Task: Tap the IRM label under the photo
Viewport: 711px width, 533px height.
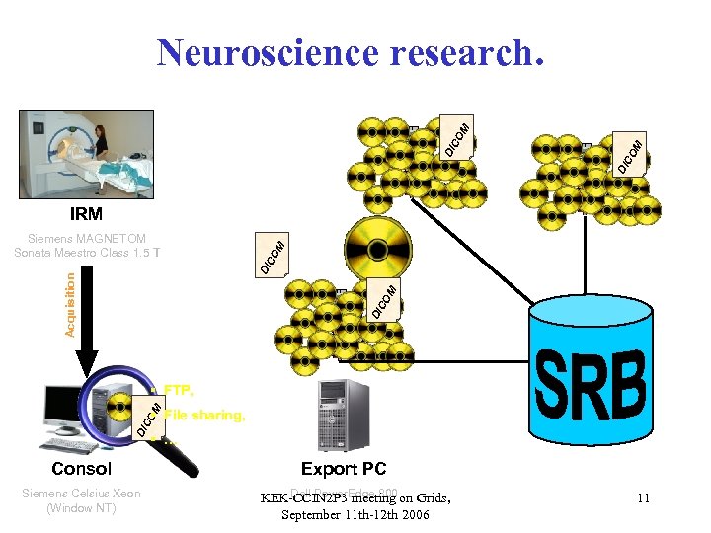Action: click(x=86, y=213)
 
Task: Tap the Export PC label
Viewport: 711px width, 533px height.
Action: click(x=344, y=469)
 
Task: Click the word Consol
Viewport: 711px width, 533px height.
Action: click(x=82, y=469)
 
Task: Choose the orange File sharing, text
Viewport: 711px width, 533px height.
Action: click(x=204, y=416)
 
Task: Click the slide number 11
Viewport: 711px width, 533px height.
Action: click(x=643, y=498)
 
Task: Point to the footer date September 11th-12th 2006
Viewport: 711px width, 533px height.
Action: click(x=355, y=515)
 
